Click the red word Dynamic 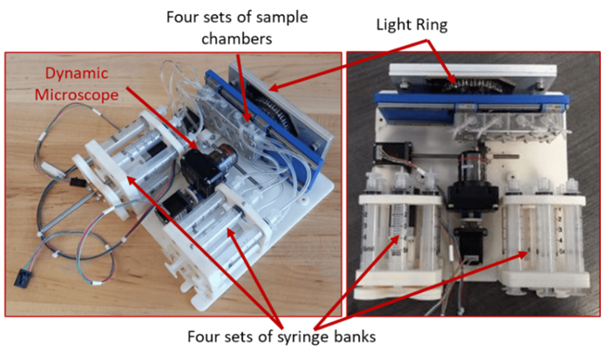click(77, 73)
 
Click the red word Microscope click(77, 95)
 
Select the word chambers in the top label click(237, 39)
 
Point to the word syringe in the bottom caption click(303, 337)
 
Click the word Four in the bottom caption click(203, 336)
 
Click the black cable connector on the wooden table click(23, 278)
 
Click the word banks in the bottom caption click(355, 336)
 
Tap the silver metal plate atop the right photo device click(473, 71)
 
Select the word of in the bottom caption click(265, 336)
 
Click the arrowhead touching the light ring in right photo click(453, 80)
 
